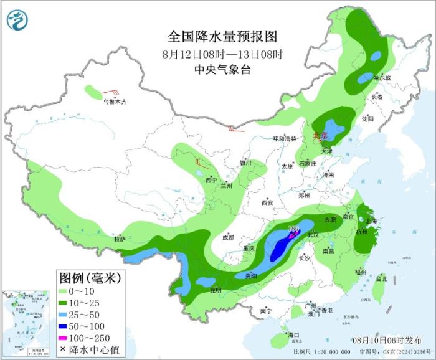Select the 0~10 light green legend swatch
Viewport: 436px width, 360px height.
point(64,291)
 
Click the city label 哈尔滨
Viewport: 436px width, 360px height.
point(382,78)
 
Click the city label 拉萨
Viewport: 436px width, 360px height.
point(120,239)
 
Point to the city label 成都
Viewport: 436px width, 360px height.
point(228,237)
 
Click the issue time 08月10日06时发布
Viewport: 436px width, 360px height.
point(386,339)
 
